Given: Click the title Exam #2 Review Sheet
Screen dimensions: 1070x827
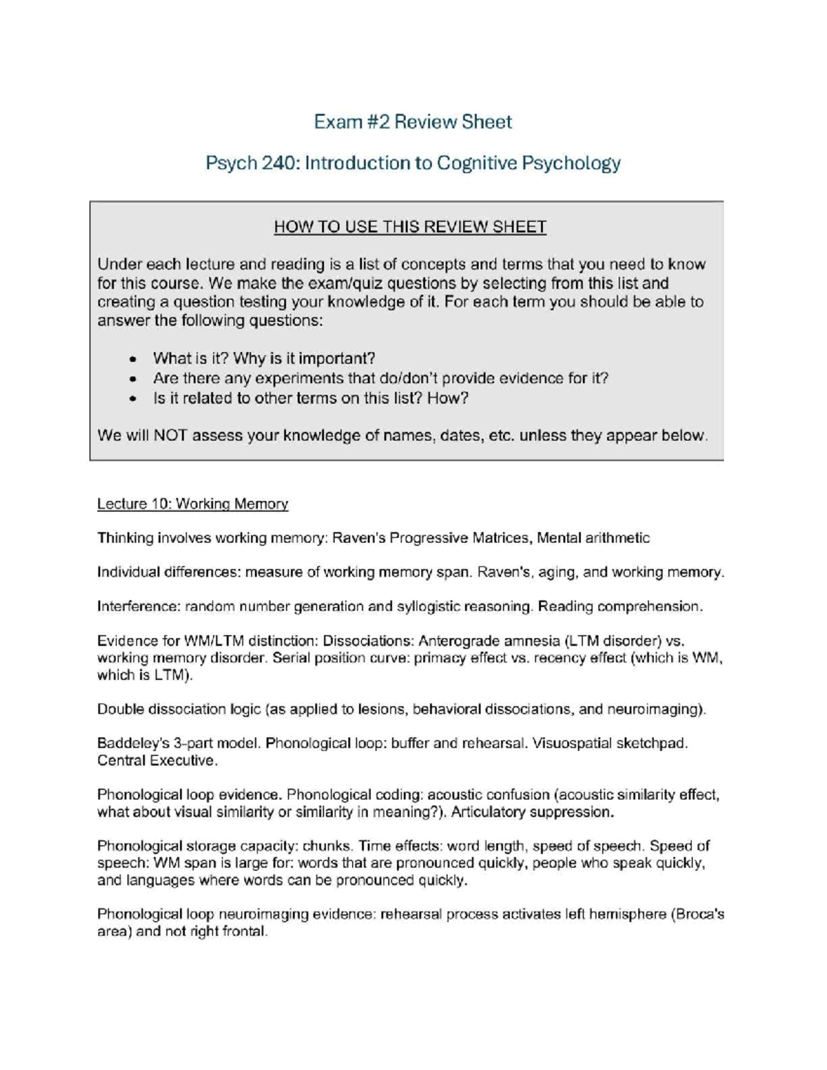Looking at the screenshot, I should (413, 122).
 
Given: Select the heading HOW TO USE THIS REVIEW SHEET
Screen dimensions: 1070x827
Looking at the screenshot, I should (410, 227).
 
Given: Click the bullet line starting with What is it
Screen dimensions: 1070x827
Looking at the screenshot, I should (264, 358).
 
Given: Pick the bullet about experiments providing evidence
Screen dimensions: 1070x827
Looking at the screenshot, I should (380, 378).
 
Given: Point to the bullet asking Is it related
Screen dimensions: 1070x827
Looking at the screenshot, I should (310, 398).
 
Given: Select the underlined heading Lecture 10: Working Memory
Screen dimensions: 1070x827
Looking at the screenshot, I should (192, 504).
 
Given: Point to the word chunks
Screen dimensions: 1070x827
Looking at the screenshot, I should (326, 846).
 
